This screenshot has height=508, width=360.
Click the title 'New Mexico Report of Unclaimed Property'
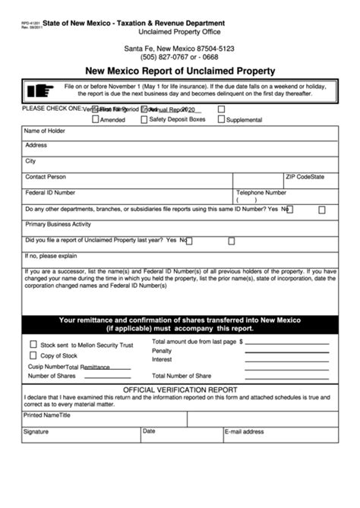pyautogui.click(x=180, y=71)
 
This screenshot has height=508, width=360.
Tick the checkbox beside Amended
pyautogui.click(x=94, y=120)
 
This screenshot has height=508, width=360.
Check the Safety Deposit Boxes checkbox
pyautogui.click(x=144, y=120)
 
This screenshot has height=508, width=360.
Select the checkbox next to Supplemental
pyautogui.click(x=222, y=120)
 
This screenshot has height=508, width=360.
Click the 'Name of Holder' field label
pyautogui.click(x=46, y=131)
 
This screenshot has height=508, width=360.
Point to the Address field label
pyautogui.click(x=36, y=145)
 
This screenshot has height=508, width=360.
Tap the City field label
pyautogui.click(x=30, y=161)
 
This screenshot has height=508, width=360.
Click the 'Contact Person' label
pyautogui.click(x=46, y=177)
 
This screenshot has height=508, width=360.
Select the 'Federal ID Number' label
pyautogui.click(x=50, y=193)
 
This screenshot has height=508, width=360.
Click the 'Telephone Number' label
pyautogui.click(x=261, y=193)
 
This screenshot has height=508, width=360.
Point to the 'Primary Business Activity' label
pyautogui.click(x=58, y=224)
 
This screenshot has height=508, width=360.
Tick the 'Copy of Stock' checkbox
pyautogui.click(x=33, y=355)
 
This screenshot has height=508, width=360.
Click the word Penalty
pyautogui.click(x=162, y=351)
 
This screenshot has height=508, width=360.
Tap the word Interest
pyautogui.click(x=162, y=359)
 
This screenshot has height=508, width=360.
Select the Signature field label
pyautogui.click(x=36, y=431)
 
